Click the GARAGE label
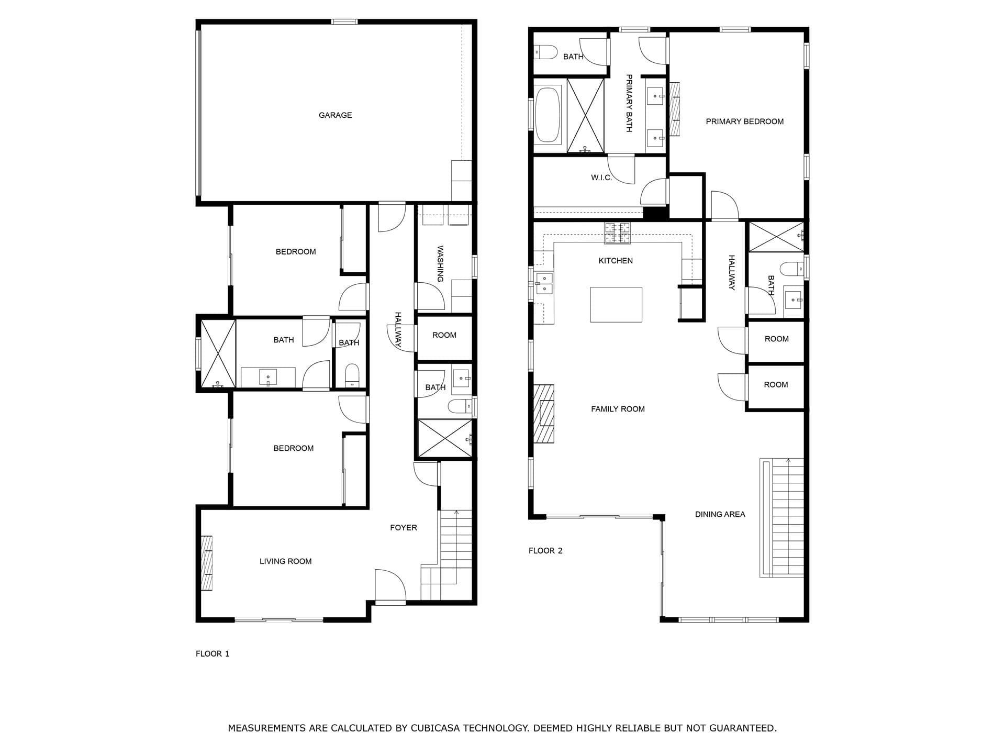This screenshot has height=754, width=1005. (x=335, y=115)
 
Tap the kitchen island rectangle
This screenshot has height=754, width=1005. (x=616, y=304)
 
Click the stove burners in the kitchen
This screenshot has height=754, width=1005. (x=618, y=233)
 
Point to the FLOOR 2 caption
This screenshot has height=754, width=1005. (x=545, y=550)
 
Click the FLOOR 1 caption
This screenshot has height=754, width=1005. (x=213, y=653)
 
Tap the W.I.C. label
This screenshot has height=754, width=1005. (x=601, y=178)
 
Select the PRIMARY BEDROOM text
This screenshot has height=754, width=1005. (x=744, y=121)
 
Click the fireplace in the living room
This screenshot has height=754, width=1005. (x=207, y=563)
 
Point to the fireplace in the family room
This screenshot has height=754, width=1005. (x=544, y=414)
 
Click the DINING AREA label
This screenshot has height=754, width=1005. (x=720, y=514)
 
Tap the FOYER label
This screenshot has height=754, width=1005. (x=403, y=527)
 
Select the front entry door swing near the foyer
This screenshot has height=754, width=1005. (x=389, y=586)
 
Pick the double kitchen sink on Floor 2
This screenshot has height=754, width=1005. (x=544, y=283)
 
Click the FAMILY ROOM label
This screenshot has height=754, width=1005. (x=618, y=409)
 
